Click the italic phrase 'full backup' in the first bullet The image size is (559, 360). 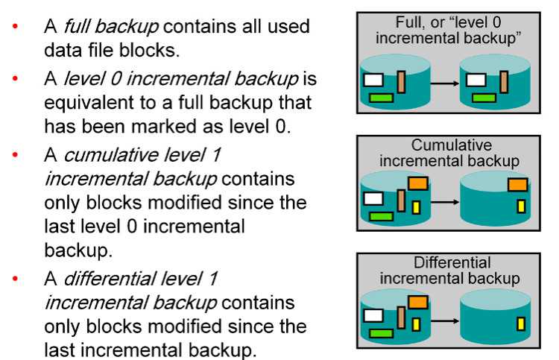coord(112,28)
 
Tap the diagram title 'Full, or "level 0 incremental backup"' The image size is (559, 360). coord(447,31)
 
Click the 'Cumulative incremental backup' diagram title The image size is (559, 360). coord(447,153)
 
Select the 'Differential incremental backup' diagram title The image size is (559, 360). coord(447,271)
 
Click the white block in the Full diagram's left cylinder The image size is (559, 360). coord(373,78)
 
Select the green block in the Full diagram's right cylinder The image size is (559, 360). coord(484,96)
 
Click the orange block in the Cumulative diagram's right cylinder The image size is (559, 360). coord(517,184)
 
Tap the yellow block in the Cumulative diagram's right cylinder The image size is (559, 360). coord(521,206)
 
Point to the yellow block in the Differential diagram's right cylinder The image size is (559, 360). coord(521,323)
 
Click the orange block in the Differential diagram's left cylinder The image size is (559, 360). coord(417,302)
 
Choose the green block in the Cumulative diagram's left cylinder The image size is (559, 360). coord(381,215)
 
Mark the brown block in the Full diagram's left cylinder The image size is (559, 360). coord(401,81)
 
